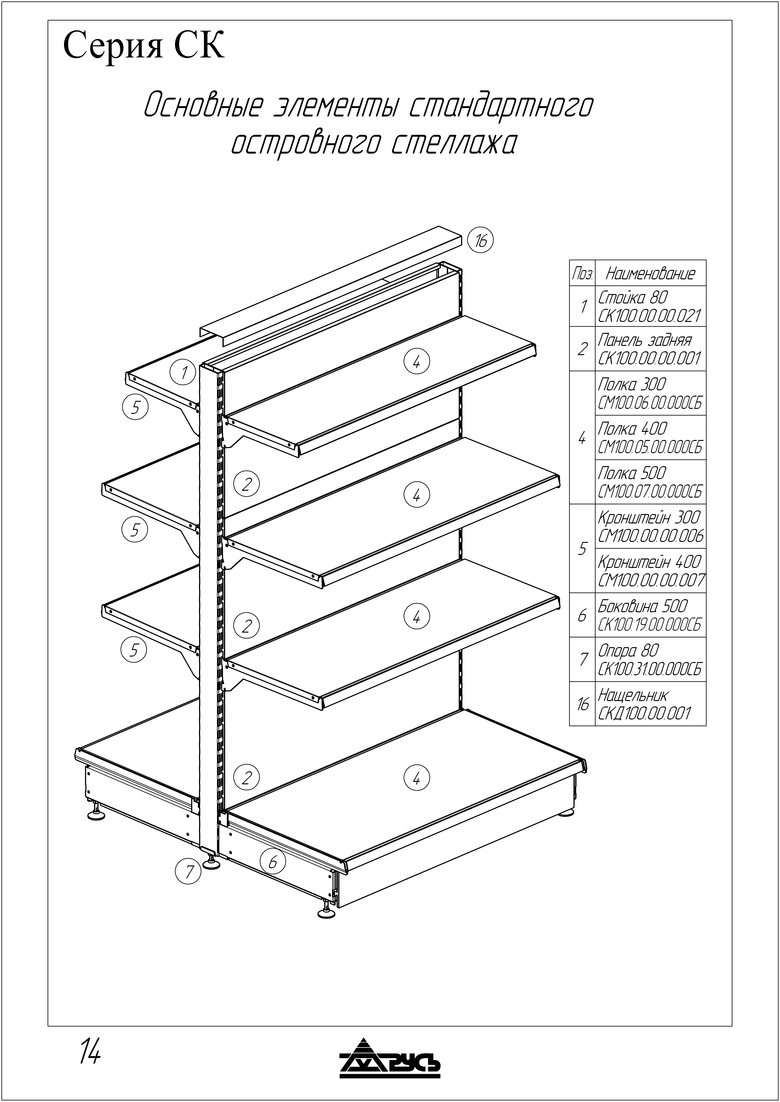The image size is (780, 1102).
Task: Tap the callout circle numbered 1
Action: [x=184, y=372]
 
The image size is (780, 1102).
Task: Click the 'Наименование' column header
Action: [x=650, y=273]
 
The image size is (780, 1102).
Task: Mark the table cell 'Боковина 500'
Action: [x=643, y=606]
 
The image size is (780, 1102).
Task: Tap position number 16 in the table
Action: [x=583, y=704]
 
